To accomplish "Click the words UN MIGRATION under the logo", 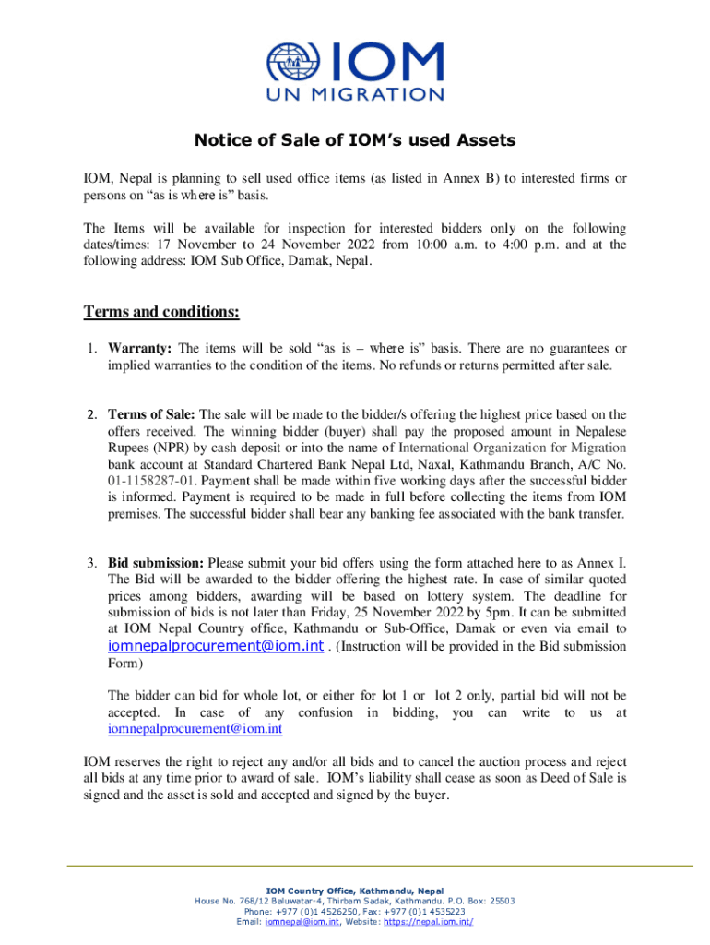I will click(x=354, y=94).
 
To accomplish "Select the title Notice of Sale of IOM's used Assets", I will click(x=354, y=141).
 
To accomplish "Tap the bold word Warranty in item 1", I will click(x=141, y=349).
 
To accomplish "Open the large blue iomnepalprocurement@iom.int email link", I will click(x=216, y=646).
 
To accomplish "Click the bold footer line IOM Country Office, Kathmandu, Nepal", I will click(x=354, y=891).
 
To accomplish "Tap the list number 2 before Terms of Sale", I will click(x=92, y=414).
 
